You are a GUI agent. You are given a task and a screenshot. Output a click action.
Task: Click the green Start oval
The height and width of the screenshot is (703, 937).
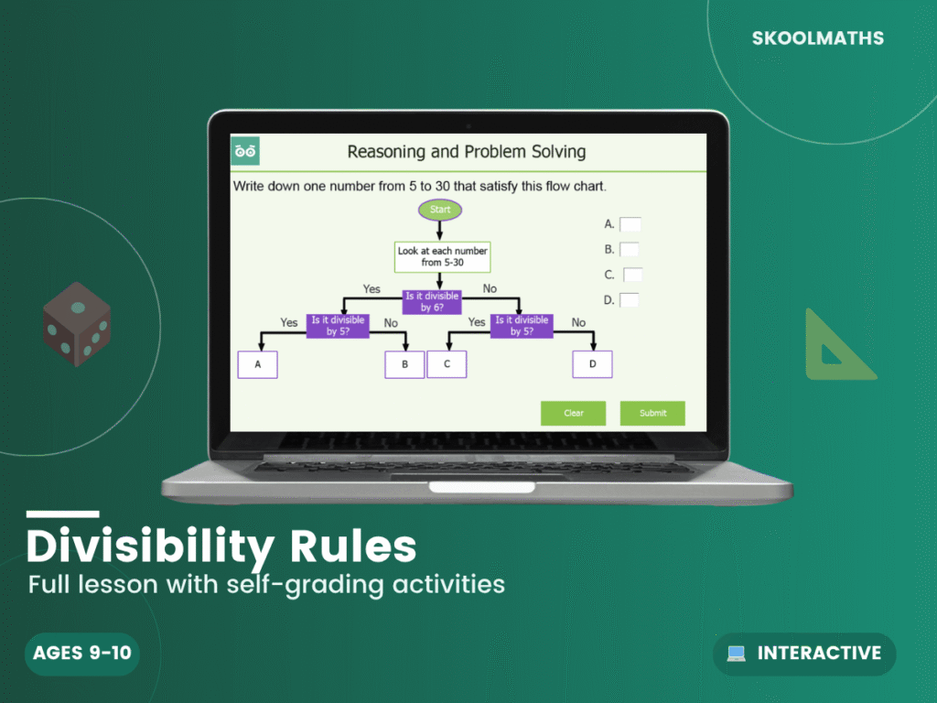click(x=440, y=210)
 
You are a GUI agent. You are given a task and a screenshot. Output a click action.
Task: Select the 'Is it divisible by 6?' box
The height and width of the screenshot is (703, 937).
click(x=432, y=302)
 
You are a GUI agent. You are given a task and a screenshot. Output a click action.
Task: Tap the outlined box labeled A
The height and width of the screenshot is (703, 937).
click(x=257, y=364)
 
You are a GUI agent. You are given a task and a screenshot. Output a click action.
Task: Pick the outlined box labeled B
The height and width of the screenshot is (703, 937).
click(x=404, y=364)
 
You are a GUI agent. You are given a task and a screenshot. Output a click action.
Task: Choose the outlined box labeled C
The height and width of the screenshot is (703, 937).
click(x=447, y=364)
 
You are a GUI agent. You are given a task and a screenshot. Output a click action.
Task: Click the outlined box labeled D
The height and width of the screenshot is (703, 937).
click(x=592, y=364)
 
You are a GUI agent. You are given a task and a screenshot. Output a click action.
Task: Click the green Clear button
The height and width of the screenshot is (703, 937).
click(x=573, y=413)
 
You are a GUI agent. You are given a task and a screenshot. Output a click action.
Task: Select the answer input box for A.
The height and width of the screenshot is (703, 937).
click(x=630, y=223)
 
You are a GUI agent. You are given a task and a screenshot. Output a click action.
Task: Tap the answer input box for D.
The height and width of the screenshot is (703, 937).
click(x=630, y=299)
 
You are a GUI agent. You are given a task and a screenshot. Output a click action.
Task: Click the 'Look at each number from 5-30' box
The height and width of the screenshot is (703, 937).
click(x=442, y=256)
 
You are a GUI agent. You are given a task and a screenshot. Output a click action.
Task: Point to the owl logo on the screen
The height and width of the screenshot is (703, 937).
click(x=245, y=151)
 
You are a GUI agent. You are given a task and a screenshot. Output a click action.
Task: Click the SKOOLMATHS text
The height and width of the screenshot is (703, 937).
click(x=817, y=38)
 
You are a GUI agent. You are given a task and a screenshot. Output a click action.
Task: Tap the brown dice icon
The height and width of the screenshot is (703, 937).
click(x=77, y=324)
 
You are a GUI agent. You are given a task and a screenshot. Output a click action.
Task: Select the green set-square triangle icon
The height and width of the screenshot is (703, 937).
click(x=835, y=349)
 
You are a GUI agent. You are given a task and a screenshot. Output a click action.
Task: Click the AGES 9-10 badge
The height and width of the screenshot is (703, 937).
click(x=81, y=654)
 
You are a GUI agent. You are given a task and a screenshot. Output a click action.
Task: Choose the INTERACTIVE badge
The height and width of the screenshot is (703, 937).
click(x=804, y=654)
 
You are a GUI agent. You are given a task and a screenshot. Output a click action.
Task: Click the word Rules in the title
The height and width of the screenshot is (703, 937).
click(x=351, y=546)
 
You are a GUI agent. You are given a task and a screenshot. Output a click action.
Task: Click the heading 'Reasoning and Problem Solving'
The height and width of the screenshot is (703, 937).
click(x=466, y=152)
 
